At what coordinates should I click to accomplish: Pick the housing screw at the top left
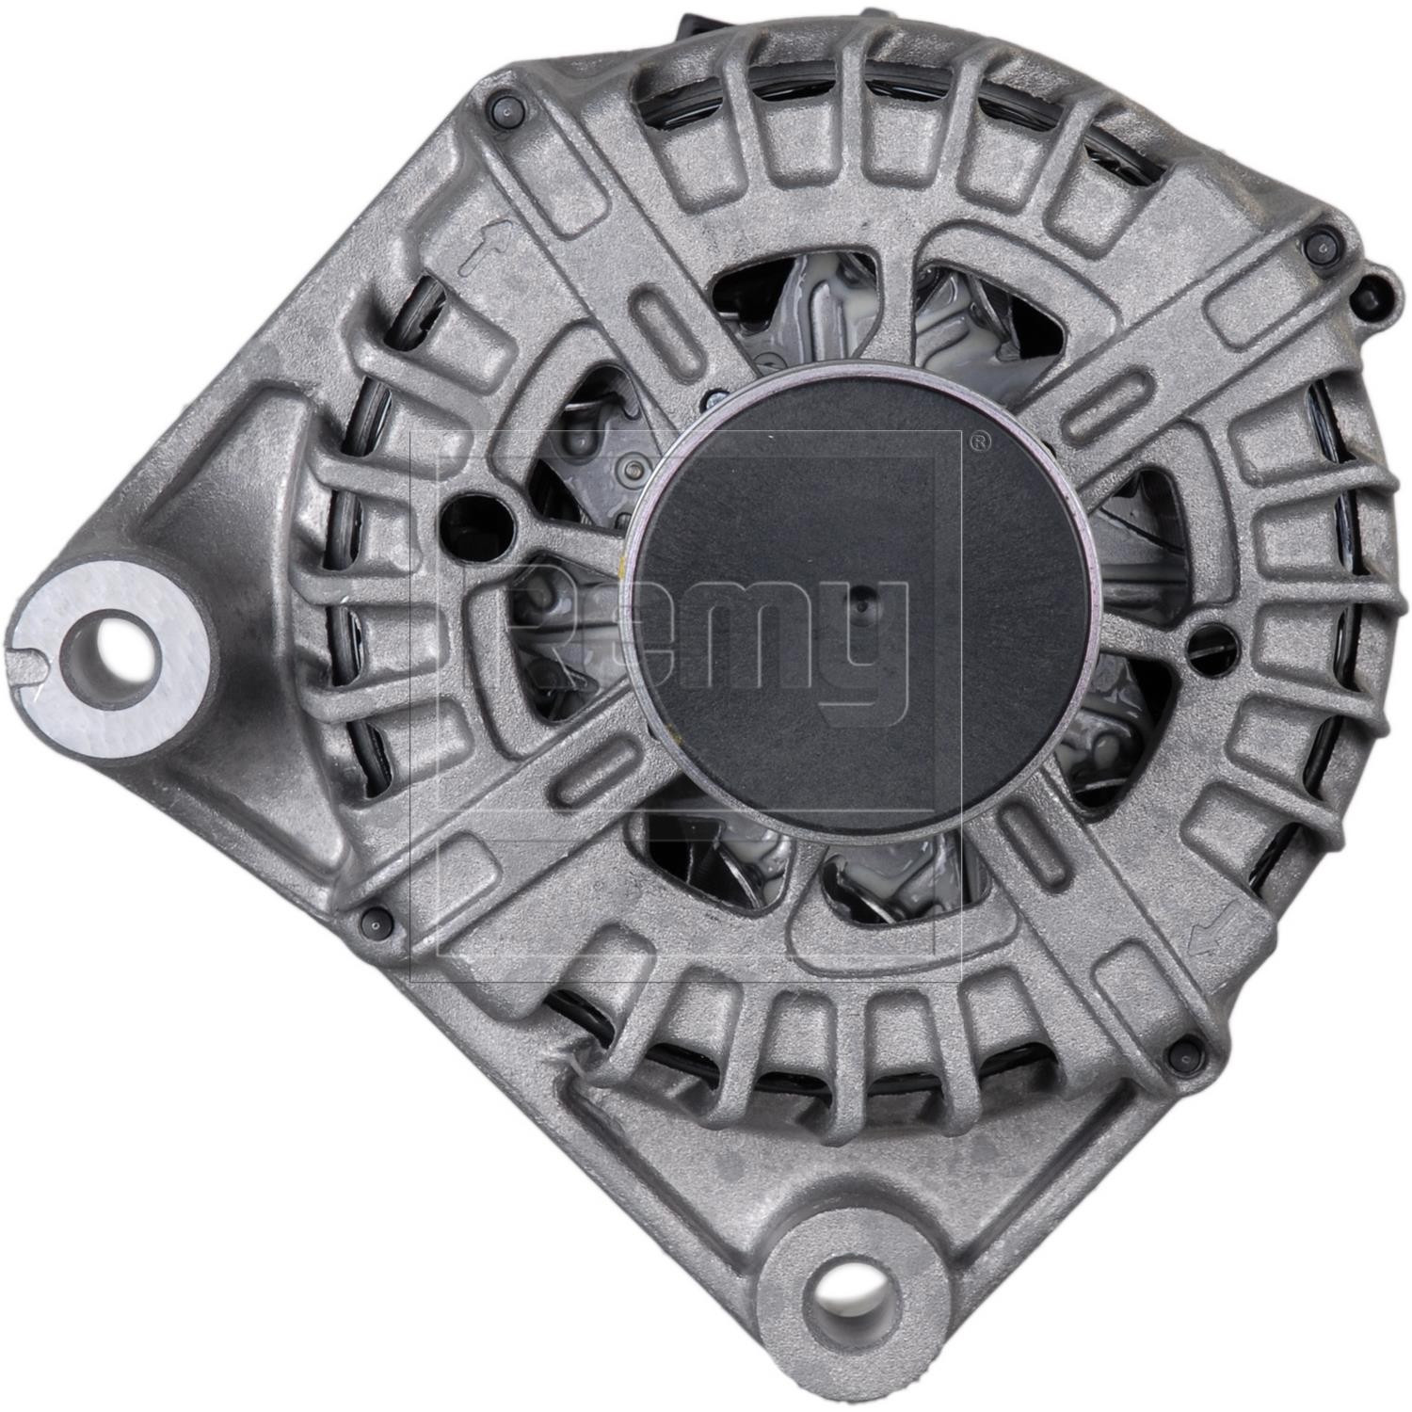tap(506, 110)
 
